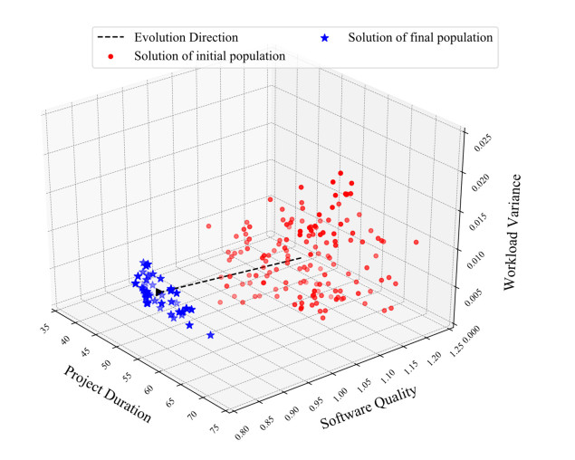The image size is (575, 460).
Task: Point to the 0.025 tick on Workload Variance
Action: point(479,137)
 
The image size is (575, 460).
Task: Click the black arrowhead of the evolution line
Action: point(160,292)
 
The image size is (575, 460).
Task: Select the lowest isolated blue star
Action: point(211,335)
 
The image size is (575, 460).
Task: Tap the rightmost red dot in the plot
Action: point(417,242)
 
